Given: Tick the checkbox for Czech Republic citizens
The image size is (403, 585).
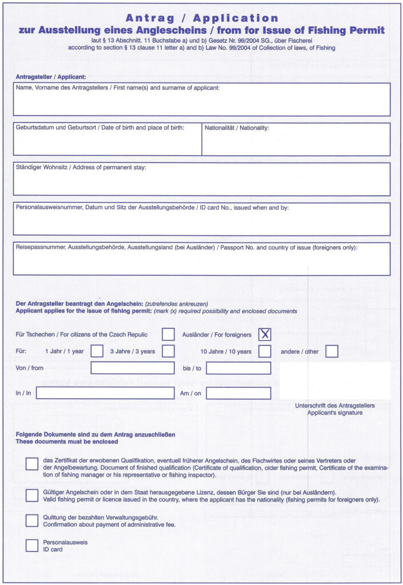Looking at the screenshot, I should tap(168, 334).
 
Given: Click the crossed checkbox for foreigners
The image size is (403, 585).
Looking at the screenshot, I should tap(265, 334).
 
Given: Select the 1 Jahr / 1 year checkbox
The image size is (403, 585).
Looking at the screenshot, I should tap(97, 351).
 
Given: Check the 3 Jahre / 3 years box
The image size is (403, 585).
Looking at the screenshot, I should tap(168, 351).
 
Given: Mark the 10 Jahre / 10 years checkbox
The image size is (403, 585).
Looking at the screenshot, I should tap(265, 351).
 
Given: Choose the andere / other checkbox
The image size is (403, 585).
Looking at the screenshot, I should tap(332, 351).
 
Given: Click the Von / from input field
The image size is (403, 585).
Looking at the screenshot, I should tap(132, 368).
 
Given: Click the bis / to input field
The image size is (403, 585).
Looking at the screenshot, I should tap(238, 368).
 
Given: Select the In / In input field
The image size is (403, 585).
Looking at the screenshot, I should tap(105, 393).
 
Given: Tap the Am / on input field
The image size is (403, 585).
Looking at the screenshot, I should tap(238, 393).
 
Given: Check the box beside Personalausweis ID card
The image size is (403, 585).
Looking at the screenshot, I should tap(32, 546).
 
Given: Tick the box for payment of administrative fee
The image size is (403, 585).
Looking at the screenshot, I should tap(32, 520).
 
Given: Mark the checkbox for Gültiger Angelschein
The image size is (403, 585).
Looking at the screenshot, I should tap(32, 495).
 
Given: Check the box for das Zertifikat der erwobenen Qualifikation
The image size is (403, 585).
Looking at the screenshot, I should tap(32, 464).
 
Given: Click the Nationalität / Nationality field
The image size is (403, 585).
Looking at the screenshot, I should tap(296, 139).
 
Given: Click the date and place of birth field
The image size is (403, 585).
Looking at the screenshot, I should tap(107, 139).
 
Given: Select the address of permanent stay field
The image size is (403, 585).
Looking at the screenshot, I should tap(202, 179).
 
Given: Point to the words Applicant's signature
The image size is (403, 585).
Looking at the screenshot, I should tap(335, 412).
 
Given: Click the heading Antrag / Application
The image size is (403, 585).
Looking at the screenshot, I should tap(202, 18).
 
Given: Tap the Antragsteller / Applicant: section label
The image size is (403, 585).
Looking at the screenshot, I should tap(51, 77).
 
